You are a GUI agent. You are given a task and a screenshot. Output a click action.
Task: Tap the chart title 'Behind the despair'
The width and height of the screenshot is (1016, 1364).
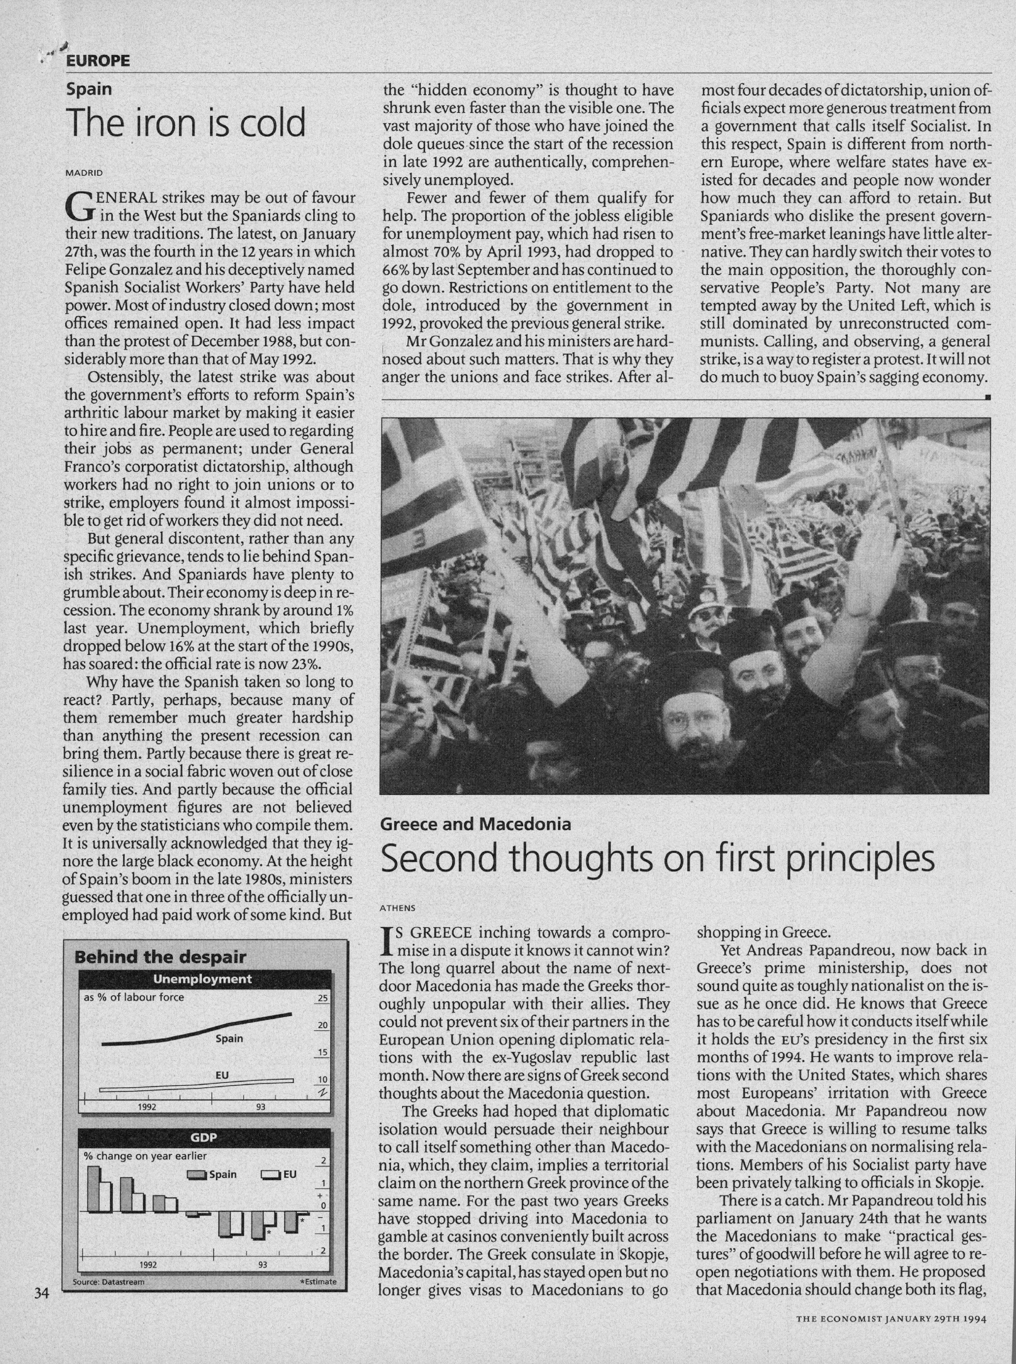click(x=160, y=957)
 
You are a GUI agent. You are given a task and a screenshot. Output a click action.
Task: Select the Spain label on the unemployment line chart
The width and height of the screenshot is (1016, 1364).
click(x=229, y=1038)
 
